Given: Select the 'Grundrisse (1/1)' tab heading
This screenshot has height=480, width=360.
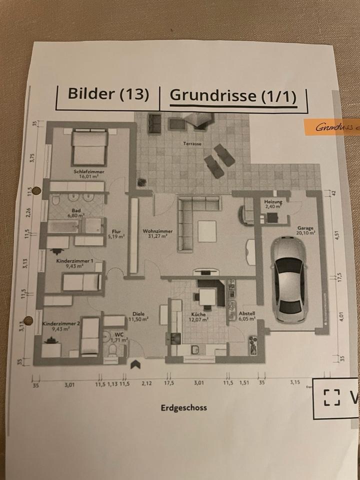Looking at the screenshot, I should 233,96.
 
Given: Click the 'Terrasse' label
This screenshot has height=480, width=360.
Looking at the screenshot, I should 192,144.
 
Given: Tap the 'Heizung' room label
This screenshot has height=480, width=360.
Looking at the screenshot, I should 273,202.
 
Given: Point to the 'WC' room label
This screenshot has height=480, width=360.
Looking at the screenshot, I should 119,334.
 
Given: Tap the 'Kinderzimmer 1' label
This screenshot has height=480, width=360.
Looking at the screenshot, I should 74,261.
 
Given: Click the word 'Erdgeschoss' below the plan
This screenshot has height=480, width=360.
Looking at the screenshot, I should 183,407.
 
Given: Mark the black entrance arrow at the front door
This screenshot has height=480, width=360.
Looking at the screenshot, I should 135,365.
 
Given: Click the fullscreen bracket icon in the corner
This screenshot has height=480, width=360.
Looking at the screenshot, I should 331,397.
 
